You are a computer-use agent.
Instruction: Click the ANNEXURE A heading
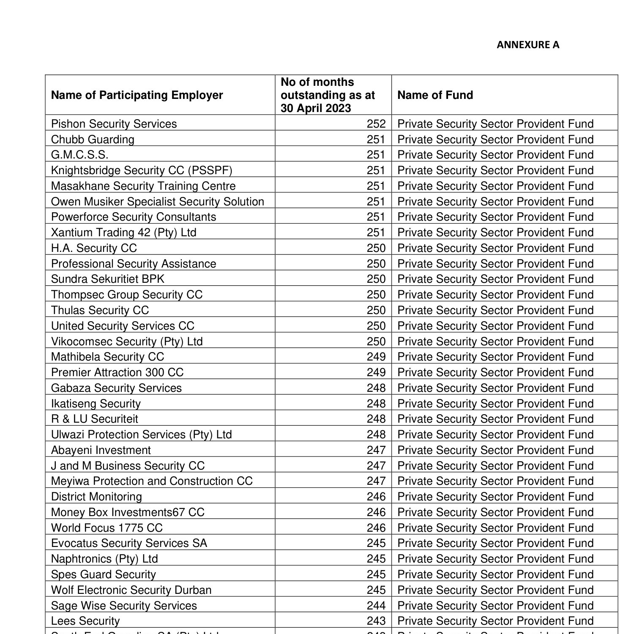click(x=527, y=45)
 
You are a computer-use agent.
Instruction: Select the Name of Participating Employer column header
click(x=137, y=95)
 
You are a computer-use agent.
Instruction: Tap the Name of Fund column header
click(x=435, y=95)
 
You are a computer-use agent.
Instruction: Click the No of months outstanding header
click(x=328, y=95)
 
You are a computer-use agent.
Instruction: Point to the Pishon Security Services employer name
click(x=114, y=124)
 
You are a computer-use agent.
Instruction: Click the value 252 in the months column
click(x=376, y=124)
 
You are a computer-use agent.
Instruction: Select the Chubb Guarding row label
click(x=93, y=139)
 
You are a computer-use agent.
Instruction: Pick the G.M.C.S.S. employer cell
click(x=79, y=155)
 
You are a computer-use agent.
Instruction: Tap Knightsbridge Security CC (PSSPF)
click(x=142, y=170)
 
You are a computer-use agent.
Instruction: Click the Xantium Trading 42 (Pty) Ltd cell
click(x=123, y=232)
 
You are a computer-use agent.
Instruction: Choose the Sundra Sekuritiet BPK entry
click(x=107, y=279)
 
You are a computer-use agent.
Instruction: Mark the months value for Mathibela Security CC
click(x=376, y=357)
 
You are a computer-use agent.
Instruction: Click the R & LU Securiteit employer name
click(x=94, y=419)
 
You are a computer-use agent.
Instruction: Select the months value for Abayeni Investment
click(x=376, y=450)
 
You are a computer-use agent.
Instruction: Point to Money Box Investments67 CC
click(x=128, y=512)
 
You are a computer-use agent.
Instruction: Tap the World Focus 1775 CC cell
click(x=107, y=528)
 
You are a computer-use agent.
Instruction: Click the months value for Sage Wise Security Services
click(x=376, y=606)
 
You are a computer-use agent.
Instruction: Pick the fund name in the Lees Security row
click(x=495, y=621)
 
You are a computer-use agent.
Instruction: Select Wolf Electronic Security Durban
click(x=131, y=590)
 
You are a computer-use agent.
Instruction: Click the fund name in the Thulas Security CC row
click(x=495, y=310)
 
